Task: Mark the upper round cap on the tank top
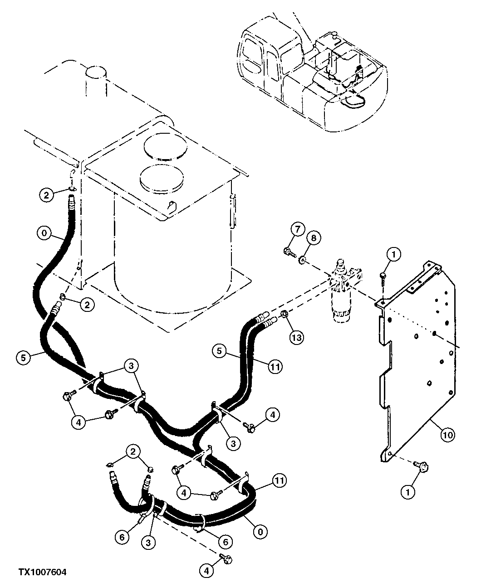[x=165, y=147]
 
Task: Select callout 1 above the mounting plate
[x=393, y=255]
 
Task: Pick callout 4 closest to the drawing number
[x=206, y=571]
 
